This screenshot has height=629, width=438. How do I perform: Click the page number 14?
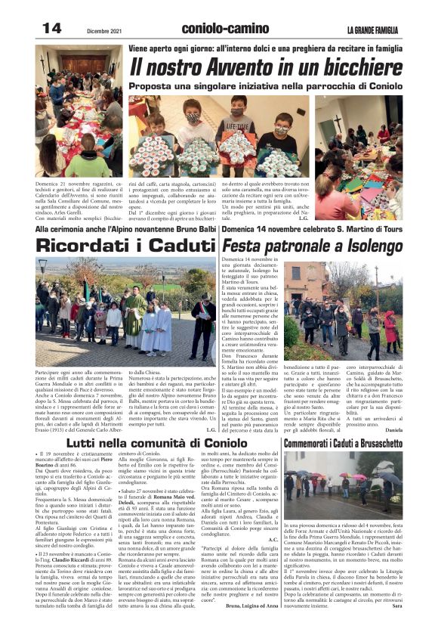pyautogui.click(x=51, y=28)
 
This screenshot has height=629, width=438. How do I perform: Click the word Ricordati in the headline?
pyautogui.click(x=90, y=245)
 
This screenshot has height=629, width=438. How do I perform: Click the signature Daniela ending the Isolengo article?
pyautogui.click(x=393, y=429)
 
